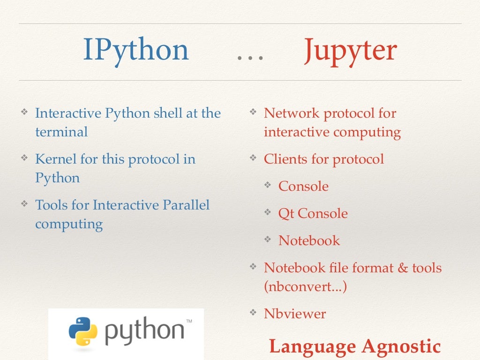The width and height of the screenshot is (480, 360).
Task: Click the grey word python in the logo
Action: (144, 332)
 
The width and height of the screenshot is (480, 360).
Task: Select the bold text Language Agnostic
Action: (355, 346)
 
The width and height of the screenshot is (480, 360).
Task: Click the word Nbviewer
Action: (294, 314)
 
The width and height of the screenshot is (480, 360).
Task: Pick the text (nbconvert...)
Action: (305, 286)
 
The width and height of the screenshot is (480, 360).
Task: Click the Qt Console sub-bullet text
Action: (313, 213)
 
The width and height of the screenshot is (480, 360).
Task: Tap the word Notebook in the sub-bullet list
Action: (309, 240)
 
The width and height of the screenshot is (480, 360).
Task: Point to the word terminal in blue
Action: (61, 132)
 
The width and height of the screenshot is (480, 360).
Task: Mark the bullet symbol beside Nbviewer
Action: (253, 313)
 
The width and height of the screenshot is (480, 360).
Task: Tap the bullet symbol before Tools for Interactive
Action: (24, 204)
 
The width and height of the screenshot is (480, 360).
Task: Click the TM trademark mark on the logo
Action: (189, 322)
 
